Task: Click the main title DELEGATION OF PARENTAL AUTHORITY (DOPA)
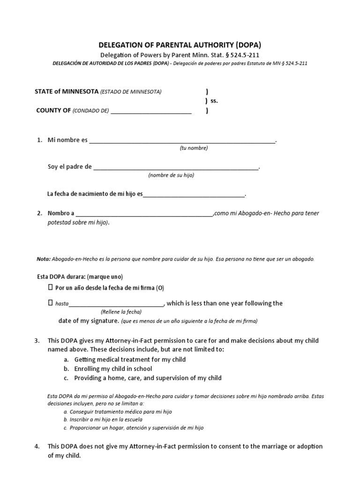180,45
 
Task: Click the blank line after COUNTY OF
151,111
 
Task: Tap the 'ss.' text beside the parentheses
214,101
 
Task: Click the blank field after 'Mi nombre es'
182,140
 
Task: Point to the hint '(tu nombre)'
194,148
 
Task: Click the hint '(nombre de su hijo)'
171,175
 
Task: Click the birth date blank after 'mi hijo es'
194,194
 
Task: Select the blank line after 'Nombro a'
144,213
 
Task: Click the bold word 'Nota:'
44,259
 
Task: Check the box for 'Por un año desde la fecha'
51,287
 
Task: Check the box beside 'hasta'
51,303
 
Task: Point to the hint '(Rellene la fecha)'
121,312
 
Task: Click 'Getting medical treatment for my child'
130,360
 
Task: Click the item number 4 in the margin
37,446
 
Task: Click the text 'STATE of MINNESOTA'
67,91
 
